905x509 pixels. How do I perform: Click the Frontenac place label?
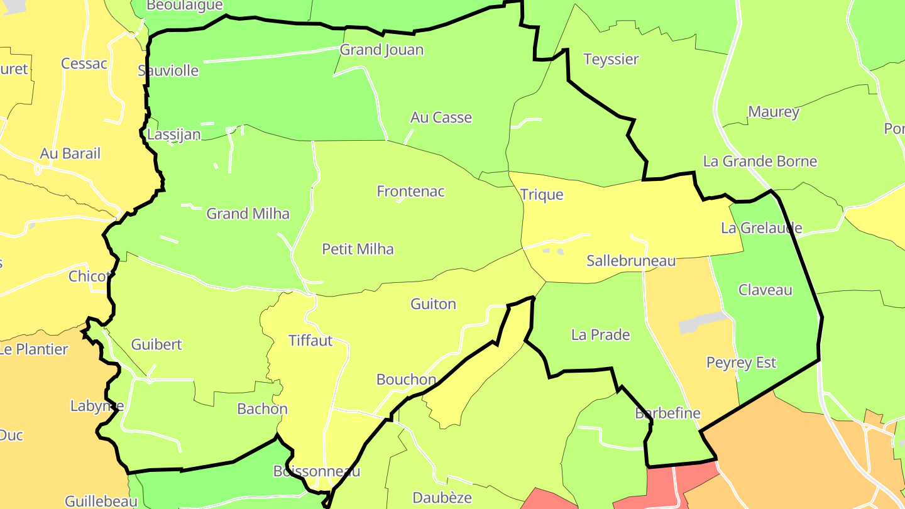410,192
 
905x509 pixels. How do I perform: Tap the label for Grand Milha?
248,214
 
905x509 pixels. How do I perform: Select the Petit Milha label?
358,249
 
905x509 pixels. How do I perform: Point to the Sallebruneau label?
630,261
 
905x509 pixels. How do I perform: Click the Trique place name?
542,195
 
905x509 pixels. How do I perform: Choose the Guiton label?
433,304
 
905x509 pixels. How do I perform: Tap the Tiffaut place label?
310,341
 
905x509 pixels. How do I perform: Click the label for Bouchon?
406,380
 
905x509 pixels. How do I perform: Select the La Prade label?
600,335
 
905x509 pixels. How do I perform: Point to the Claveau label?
765,290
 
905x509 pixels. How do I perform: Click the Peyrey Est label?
741,363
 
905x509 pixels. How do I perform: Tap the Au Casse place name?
441,118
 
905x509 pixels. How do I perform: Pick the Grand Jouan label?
381,50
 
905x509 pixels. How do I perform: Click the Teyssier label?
611,60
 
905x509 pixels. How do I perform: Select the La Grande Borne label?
760,161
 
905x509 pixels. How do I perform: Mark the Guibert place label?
156,344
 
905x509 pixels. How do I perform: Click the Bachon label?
262,409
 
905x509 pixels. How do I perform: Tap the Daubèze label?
442,498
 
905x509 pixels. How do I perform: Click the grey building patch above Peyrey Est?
701,322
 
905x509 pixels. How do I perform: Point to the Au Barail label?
70,154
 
